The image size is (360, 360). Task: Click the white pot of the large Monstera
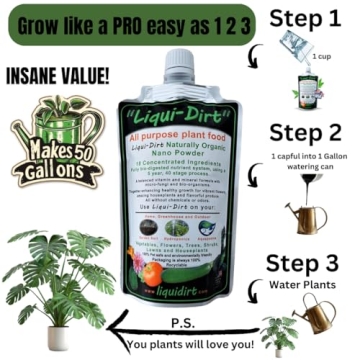58,337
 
